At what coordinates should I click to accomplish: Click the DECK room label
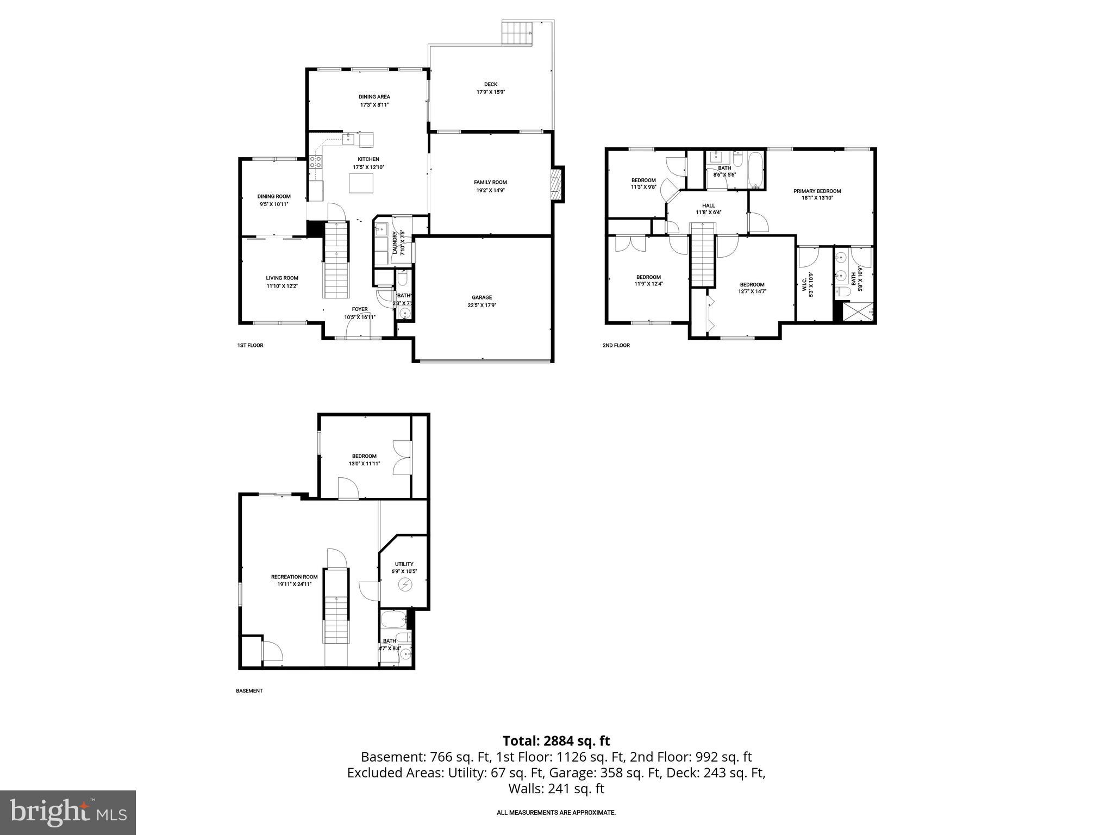pyautogui.click(x=490, y=84)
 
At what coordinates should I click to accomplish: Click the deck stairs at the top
pyautogui.click(x=518, y=34)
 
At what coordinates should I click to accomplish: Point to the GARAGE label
pyautogui.click(x=482, y=297)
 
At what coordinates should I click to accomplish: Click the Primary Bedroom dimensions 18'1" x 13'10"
pyautogui.click(x=817, y=198)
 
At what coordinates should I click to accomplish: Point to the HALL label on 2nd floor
pyautogui.click(x=708, y=205)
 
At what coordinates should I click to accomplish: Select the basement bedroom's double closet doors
pyautogui.click(x=403, y=458)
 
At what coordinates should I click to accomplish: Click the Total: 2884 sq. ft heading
pyautogui.click(x=556, y=741)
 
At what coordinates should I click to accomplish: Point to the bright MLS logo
pyautogui.click(x=67, y=812)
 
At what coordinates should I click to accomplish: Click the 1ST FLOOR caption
pyautogui.click(x=250, y=345)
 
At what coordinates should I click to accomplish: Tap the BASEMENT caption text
pyautogui.click(x=249, y=691)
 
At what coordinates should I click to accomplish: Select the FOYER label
pyautogui.click(x=359, y=309)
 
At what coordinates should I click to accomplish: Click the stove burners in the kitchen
pyautogui.click(x=315, y=161)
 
